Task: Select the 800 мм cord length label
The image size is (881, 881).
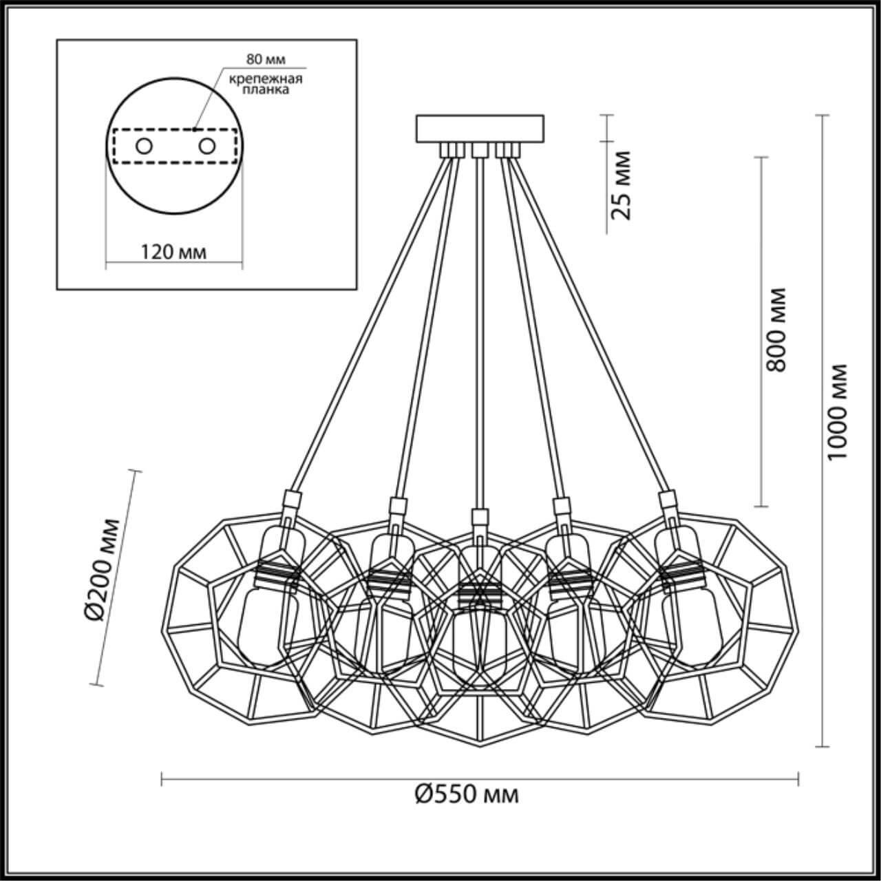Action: click(776, 330)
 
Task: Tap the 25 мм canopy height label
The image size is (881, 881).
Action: click(622, 184)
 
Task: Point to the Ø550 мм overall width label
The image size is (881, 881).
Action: click(467, 794)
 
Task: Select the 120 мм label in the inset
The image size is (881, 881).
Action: click(173, 252)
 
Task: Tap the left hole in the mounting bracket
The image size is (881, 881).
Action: click(143, 146)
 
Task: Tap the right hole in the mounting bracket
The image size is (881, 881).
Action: click(206, 146)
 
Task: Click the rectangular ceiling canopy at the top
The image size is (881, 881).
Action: click(480, 129)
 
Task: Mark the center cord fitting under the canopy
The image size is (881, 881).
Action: click(479, 149)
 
